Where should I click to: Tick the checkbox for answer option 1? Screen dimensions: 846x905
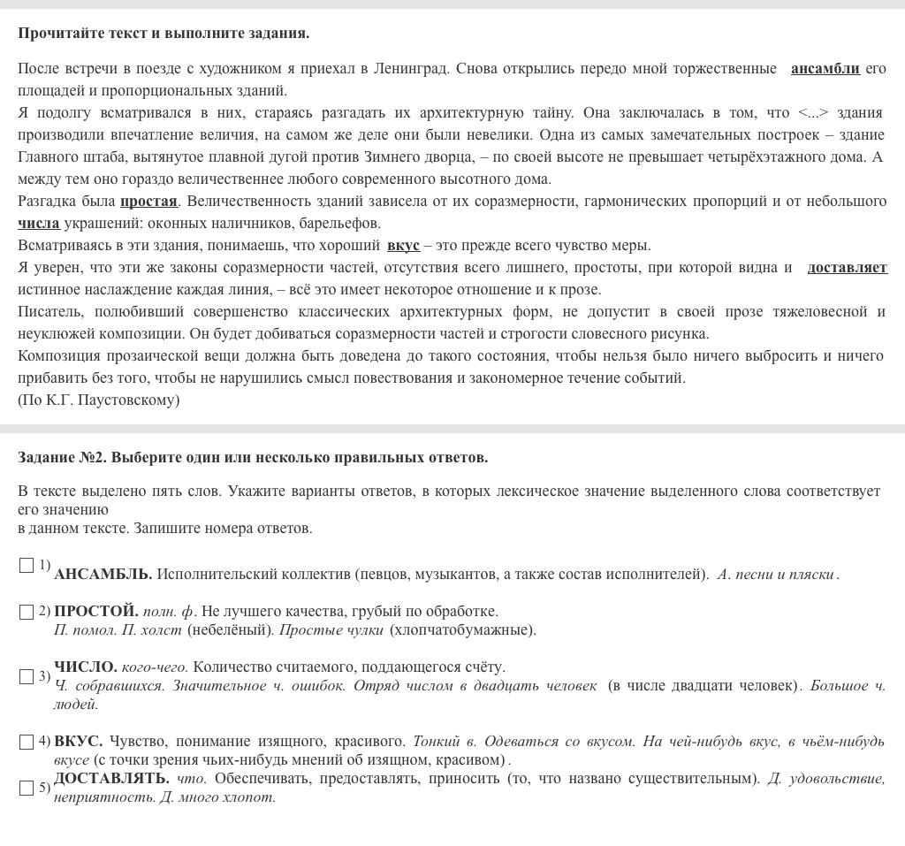[x=27, y=565]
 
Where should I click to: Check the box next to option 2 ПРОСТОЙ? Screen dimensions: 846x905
[x=27, y=612]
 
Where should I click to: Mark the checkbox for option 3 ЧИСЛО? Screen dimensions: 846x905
[x=27, y=676]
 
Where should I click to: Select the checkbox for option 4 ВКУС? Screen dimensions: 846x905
[x=27, y=743]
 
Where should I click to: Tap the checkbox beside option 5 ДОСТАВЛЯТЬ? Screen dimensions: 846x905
[x=27, y=788]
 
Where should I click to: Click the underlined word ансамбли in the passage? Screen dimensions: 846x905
[x=825, y=68]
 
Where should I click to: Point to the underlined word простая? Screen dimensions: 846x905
[x=148, y=201]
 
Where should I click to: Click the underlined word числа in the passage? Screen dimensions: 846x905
[x=39, y=223]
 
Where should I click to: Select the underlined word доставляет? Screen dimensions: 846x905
[x=847, y=267]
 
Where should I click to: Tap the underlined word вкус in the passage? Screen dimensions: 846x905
[x=403, y=245]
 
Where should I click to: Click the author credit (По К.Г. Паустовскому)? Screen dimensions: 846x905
[x=98, y=400]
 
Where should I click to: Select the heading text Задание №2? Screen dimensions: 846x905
[x=62, y=457]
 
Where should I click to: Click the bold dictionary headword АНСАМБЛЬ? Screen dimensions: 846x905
[x=103, y=574]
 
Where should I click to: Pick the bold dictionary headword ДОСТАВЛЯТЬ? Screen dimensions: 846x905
[x=111, y=778]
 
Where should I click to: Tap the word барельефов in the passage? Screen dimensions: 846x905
[x=339, y=223]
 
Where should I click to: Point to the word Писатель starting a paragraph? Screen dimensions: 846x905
[x=49, y=311]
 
